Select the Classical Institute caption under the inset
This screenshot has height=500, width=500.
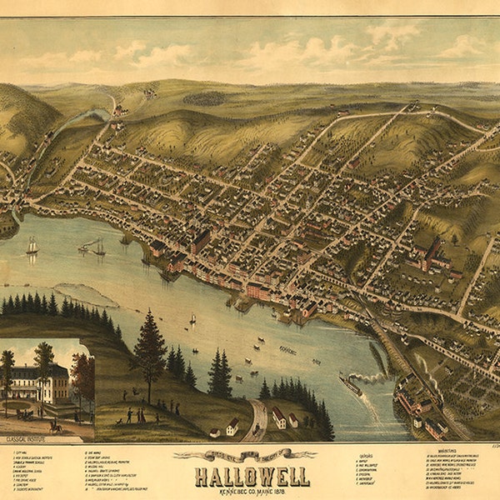click(25, 435)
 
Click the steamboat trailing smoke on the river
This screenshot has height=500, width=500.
click(351, 385)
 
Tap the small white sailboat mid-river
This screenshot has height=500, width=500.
click(192, 318)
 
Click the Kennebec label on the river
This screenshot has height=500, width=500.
click(287, 350)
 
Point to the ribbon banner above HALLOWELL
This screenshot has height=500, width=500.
click(246, 455)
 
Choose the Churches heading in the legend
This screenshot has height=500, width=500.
click(365, 457)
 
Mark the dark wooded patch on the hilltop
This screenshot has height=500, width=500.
click(203, 97)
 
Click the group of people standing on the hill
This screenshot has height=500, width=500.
click(134, 413)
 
